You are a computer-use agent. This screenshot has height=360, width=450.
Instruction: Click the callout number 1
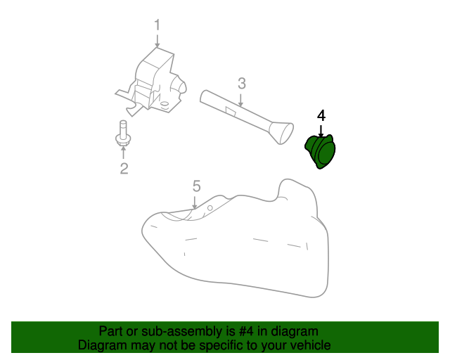coord(157,25)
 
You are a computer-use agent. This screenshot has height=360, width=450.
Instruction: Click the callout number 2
coord(124,168)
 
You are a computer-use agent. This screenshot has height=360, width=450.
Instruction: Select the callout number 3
coord(241,84)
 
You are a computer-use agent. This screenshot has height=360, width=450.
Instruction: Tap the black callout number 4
coord(321,115)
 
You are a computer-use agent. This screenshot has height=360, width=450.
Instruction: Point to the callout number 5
coord(197,186)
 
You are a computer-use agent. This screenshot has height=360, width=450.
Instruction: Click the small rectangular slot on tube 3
coord(230,111)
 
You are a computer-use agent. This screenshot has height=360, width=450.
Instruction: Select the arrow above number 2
coord(124,153)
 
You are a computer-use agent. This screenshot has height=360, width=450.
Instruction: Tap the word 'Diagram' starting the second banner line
coord(103,345)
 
